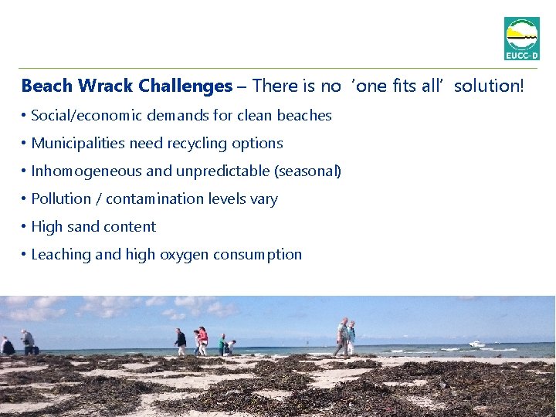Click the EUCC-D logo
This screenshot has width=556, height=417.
(521, 38)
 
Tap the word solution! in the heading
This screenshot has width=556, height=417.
(489, 86)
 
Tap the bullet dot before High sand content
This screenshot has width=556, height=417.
(25, 227)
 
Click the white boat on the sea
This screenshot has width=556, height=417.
(476, 344)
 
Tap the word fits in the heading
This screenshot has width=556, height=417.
(407, 86)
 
